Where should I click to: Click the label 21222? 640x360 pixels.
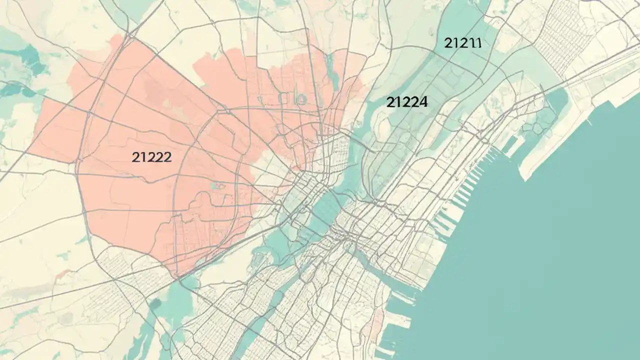152,157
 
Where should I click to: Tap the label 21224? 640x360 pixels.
407,102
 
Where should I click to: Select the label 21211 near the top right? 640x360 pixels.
462,43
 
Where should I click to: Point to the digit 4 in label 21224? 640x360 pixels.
423,102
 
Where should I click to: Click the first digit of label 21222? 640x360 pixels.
135,157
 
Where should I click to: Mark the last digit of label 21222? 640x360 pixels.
168,157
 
